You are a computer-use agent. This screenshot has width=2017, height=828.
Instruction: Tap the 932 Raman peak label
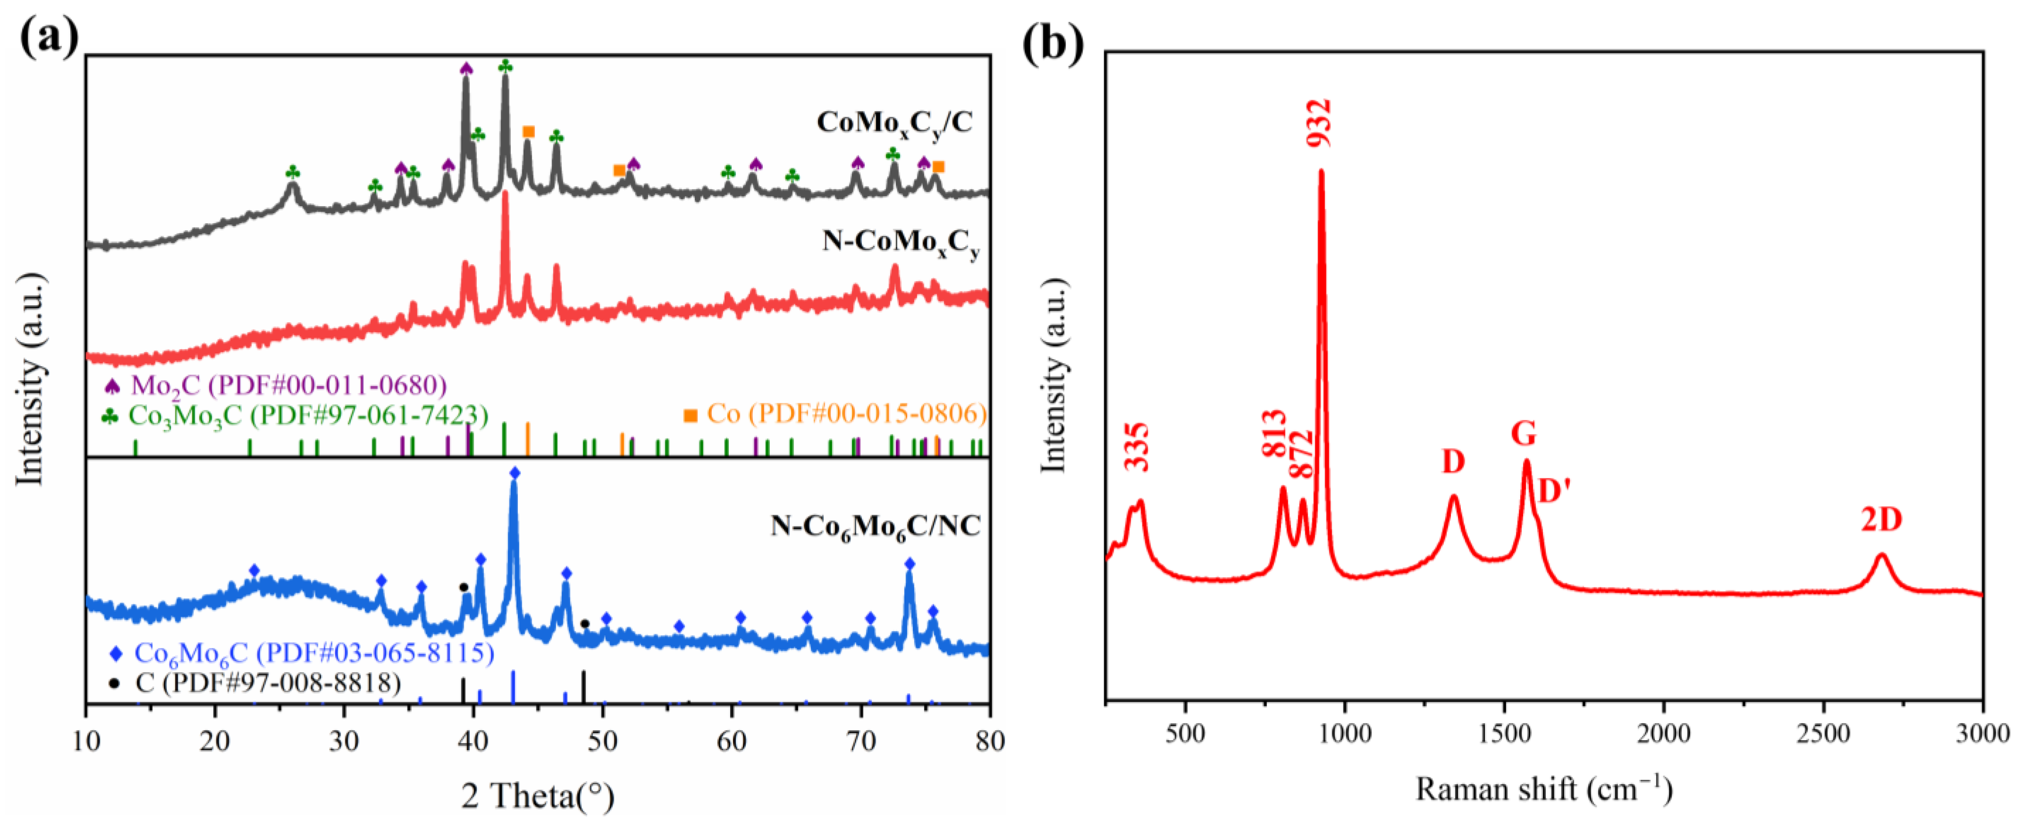1319,123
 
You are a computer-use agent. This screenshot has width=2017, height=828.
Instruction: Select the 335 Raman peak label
1137,446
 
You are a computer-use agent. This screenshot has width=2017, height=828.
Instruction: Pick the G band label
1523,433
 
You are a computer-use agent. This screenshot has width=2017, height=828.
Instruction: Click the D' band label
1554,491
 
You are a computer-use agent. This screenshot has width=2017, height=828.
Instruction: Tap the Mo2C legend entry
275,385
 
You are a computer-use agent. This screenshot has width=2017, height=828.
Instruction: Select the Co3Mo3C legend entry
295,415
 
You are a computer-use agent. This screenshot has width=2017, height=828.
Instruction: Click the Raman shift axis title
1543,789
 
